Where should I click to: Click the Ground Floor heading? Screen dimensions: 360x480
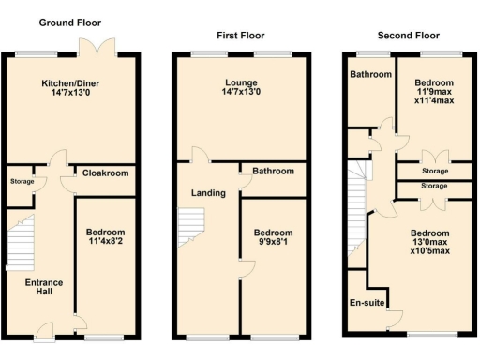(69, 22)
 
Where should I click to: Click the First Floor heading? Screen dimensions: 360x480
(240, 35)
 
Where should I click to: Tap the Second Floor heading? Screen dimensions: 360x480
(409, 35)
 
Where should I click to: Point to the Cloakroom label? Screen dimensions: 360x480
(105, 173)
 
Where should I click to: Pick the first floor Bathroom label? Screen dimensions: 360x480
(273, 172)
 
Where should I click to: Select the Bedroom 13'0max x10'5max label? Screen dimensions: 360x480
(428, 244)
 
